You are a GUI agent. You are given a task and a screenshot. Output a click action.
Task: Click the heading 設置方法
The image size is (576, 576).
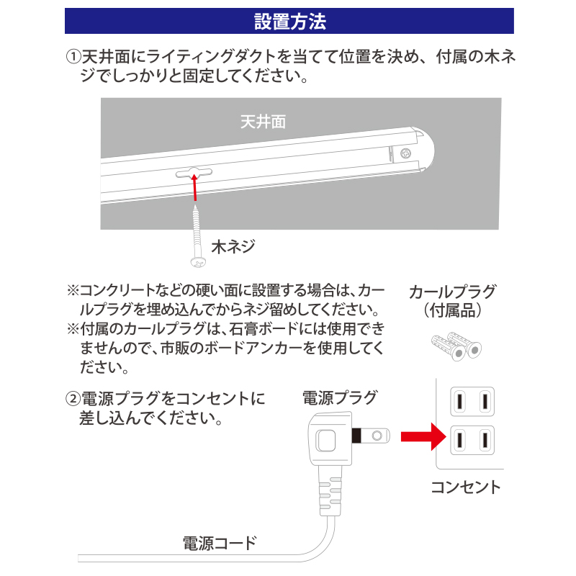coord(290,22)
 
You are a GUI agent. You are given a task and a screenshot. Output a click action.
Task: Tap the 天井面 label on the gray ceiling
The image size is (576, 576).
coord(263,122)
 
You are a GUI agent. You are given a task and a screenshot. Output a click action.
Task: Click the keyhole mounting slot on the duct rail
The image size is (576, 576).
coord(194,172)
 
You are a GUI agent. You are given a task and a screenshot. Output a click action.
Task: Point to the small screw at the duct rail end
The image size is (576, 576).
coord(405,153)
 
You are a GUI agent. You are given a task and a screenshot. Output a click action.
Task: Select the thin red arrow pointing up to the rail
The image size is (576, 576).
coord(194,187)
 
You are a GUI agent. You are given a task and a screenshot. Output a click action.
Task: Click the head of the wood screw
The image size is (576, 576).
coord(198,262)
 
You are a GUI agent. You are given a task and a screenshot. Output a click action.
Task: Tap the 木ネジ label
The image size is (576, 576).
coord(233,246)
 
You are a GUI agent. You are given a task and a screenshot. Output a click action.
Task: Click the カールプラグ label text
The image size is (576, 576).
coord(452,292)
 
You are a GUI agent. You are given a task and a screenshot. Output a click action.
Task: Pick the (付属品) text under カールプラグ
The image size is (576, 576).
coord(452,310)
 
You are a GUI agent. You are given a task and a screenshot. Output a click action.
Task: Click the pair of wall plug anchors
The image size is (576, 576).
coord(456,346)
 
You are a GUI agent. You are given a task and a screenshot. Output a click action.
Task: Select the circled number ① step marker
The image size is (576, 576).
coord(73,57)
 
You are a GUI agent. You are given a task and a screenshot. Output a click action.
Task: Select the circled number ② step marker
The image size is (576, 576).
coord(73,399)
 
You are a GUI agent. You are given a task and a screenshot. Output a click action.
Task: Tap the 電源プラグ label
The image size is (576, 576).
coord(340,398)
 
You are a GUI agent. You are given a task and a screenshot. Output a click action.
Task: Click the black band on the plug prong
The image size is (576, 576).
coord(356,436)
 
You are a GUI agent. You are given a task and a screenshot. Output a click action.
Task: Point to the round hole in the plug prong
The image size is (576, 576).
coord(377,436)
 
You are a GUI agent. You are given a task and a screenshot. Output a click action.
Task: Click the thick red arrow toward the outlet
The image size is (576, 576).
coord(423,437)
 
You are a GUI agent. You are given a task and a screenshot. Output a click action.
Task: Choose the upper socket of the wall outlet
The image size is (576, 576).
coord(472,402)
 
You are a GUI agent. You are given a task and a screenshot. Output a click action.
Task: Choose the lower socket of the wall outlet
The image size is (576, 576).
coord(472,440)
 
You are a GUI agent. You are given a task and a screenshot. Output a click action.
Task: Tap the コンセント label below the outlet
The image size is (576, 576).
coord(466,487)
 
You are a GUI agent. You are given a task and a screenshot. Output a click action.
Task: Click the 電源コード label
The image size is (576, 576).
coord(220,544)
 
